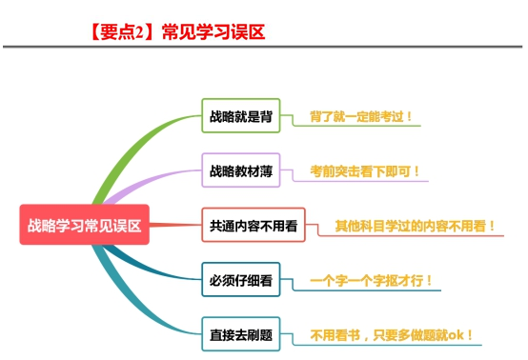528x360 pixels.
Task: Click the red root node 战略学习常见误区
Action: point(83,226)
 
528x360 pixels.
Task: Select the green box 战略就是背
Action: point(240,118)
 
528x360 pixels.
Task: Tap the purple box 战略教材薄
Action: point(240,172)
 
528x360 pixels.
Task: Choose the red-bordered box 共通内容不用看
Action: point(253,227)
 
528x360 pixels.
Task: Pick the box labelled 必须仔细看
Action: point(240,281)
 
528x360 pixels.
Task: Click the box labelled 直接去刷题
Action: point(240,334)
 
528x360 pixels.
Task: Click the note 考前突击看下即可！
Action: point(364,171)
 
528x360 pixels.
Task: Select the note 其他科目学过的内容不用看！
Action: point(415,226)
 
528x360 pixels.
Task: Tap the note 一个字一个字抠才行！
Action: point(372,280)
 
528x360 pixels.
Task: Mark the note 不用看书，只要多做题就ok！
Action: point(392,334)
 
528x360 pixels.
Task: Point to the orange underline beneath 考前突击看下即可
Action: point(364,184)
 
